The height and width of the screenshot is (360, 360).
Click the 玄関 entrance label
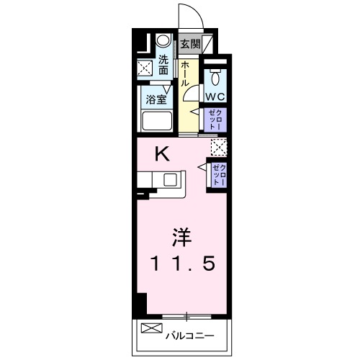point(190,44)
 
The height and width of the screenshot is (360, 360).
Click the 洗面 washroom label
point(163,65)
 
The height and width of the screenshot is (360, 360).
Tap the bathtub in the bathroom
point(158,121)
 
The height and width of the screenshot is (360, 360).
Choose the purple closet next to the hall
point(215,120)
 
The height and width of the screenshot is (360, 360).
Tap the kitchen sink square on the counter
point(171,180)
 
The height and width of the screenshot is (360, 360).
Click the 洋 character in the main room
point(181,237)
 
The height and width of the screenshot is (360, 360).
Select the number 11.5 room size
point(182,264)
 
